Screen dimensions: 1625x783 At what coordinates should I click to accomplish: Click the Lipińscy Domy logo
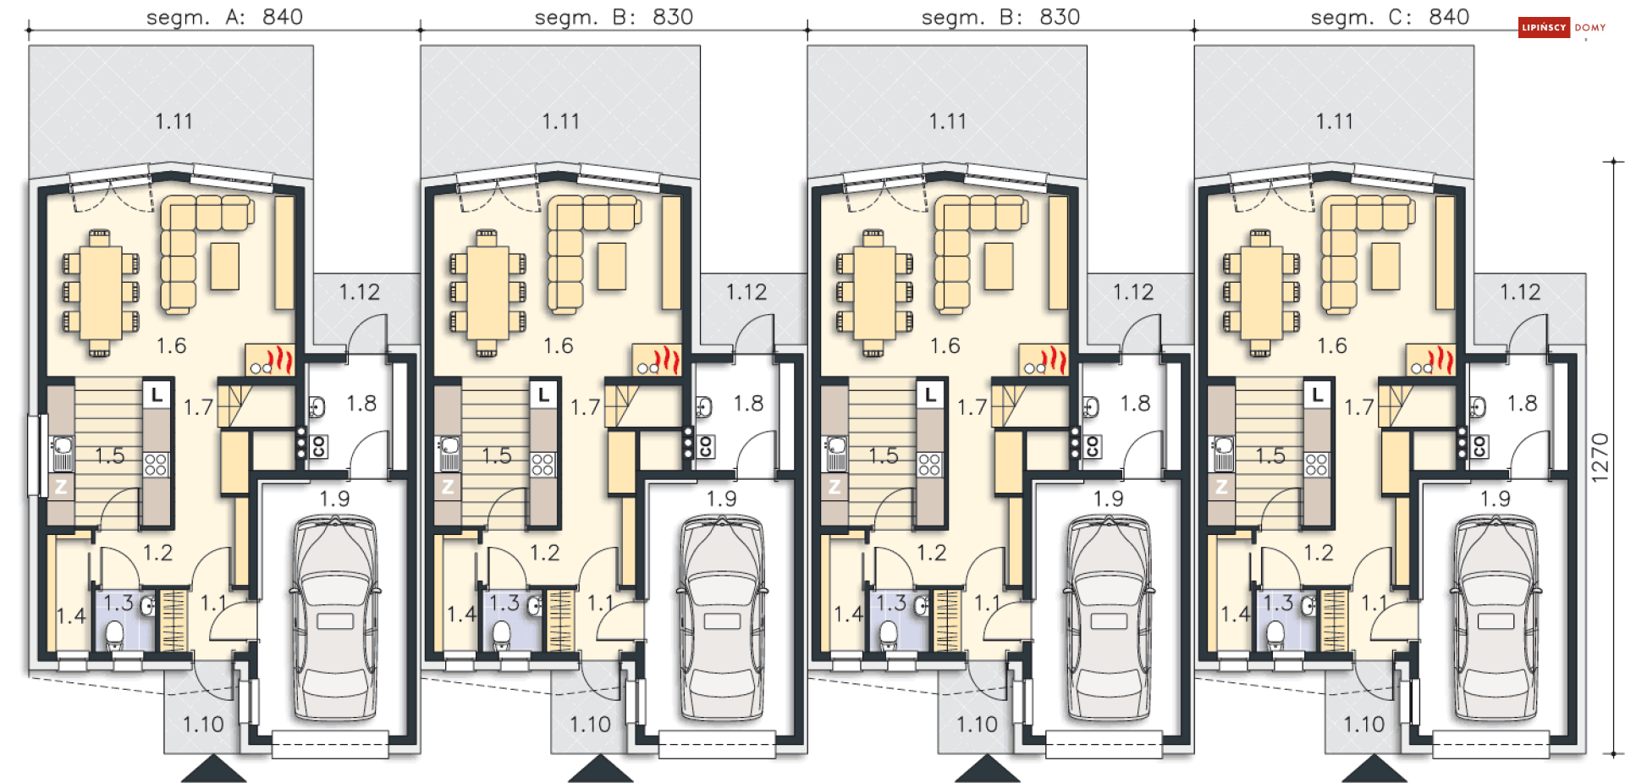pos(1562,28)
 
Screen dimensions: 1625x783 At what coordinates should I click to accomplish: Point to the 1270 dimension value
pos(1599,458)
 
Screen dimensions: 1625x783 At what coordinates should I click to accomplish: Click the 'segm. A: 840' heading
pos(224,17)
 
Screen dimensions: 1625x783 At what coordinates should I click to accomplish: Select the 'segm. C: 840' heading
pos(1390,17)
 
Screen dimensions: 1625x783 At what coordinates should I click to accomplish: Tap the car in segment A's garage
pos(335,618)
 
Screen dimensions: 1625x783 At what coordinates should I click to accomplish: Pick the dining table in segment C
pos(1261,293)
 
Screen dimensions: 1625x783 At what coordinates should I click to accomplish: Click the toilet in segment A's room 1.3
pos(115,637)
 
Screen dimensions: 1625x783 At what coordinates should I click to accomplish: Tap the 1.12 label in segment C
pos(1520,292)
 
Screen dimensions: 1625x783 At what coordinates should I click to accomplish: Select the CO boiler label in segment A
pos(318,446)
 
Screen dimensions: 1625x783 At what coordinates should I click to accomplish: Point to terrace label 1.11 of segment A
pos(174,121)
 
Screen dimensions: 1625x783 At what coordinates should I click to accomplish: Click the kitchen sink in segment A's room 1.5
pos(62,453)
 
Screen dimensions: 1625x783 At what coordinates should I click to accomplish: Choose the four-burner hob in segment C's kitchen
pos(1316,465)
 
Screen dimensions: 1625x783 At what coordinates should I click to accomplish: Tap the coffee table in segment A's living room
pos(225,266)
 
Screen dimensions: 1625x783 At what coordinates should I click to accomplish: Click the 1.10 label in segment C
pos(1363,725)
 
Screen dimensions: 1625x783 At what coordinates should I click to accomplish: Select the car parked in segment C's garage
pos(1496,618)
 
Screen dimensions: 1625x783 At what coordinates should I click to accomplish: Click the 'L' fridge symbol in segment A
pos(157,394)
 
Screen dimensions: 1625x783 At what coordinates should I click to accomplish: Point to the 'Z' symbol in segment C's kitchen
pos(1220,488)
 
